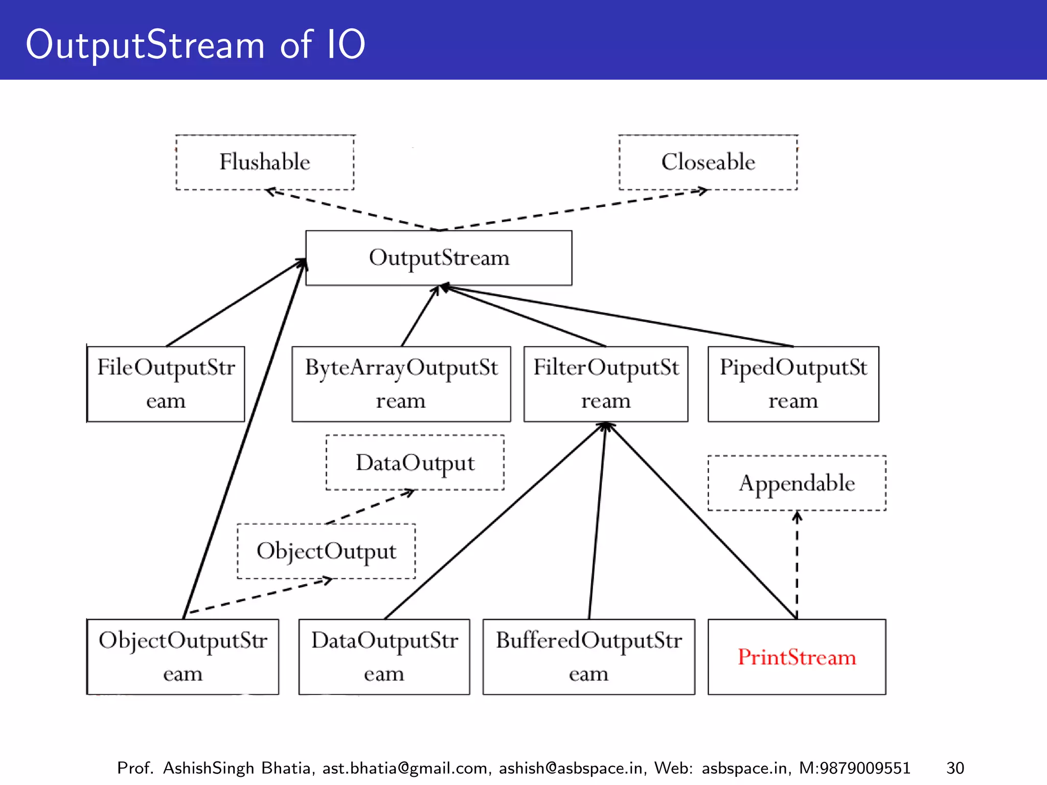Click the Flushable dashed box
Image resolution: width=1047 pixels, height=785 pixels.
coord(265,163)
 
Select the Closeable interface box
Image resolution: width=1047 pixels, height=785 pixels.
coord(708,163)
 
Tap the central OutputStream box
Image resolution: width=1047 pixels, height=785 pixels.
coord(439,258)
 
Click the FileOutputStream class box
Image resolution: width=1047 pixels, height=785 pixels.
coord(166,384)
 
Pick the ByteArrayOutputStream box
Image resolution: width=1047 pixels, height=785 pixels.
coord(401,384)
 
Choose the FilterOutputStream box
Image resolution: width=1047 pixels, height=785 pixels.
coord(606,384)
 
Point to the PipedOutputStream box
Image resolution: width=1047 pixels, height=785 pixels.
coord(793,384)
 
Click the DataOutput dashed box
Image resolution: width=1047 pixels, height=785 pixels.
coord(415,463)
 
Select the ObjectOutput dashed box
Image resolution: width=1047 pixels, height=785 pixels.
coord(326,551)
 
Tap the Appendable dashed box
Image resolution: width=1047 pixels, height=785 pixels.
coord(796,483)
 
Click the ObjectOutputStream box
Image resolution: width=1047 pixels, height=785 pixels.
coord(183,657)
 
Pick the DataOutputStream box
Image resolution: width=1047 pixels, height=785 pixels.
coord(384,657)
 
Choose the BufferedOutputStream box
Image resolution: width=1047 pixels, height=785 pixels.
coord(588,657)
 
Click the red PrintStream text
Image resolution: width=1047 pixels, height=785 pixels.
coord(796,657)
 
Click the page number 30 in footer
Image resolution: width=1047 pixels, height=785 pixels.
coord(955,768)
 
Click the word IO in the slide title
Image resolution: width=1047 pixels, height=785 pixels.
coord(346,44)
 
